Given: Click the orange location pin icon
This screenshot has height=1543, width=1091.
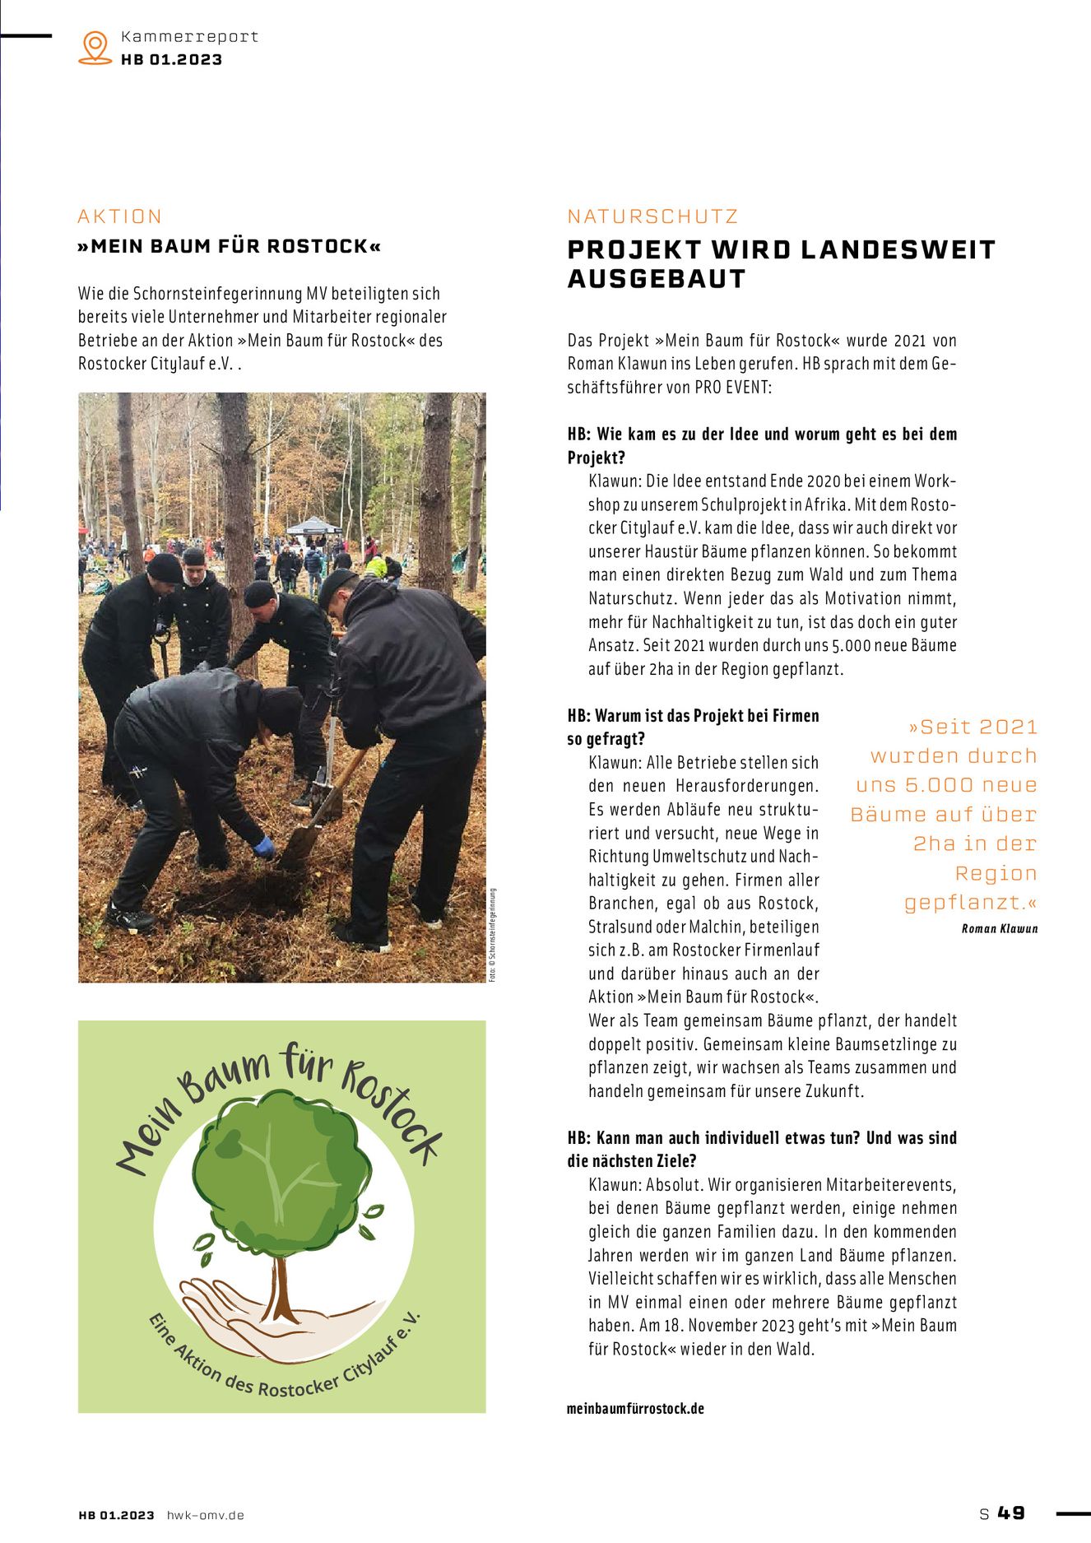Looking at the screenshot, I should coord(95,47).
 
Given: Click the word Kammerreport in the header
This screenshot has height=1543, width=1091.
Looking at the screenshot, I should coord(189,36).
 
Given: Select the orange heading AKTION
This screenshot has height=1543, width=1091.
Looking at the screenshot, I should coord(120,216).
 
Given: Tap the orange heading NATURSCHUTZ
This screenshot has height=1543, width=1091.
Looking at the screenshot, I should coord(652,216).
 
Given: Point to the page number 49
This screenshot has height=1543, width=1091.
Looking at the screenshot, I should coord(1011,1513).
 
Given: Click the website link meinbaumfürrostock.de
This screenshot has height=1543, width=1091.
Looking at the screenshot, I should coord(635,1408).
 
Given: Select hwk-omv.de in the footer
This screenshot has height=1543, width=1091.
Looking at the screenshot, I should coord(205,1515).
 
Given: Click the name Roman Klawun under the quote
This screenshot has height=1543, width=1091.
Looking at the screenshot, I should coord(999,928).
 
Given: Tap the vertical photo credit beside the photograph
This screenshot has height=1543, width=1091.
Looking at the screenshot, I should coord(493,935).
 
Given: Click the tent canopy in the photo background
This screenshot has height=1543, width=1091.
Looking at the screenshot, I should coord(313,525).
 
